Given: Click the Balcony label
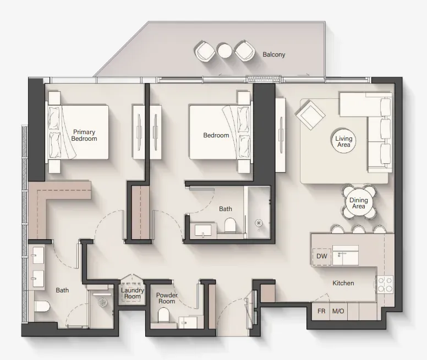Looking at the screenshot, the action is tap(273, 54).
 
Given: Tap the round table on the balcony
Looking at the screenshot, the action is tap(225, 51).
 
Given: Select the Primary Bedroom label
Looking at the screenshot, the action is tap(84, 135).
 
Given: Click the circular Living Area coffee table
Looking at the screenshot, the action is tap(344, 141).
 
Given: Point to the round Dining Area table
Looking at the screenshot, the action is tap(359, 203).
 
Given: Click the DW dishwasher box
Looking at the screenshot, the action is tap(322, 257).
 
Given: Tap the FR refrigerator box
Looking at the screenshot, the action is tap(321, 311).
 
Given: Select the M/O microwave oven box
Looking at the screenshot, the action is tap(338, 311).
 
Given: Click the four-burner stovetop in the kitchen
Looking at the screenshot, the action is tap(385, 284).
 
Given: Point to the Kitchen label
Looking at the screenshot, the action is tap(343, 283).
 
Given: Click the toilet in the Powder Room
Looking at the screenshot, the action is tap(164, 314).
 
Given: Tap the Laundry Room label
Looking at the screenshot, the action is tap(133, 293).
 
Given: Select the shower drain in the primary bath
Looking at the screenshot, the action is tap(103, 302).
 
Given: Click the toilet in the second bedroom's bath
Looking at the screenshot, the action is tap(230, 225).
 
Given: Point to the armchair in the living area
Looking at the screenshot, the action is tap(311, 114).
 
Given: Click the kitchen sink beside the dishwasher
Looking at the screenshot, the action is tap(346, 255).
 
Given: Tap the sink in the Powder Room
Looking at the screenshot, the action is tap(188, 323).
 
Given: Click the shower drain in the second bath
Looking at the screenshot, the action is tap(259, 223).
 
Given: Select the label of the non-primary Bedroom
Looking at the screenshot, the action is tap(216, 135).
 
